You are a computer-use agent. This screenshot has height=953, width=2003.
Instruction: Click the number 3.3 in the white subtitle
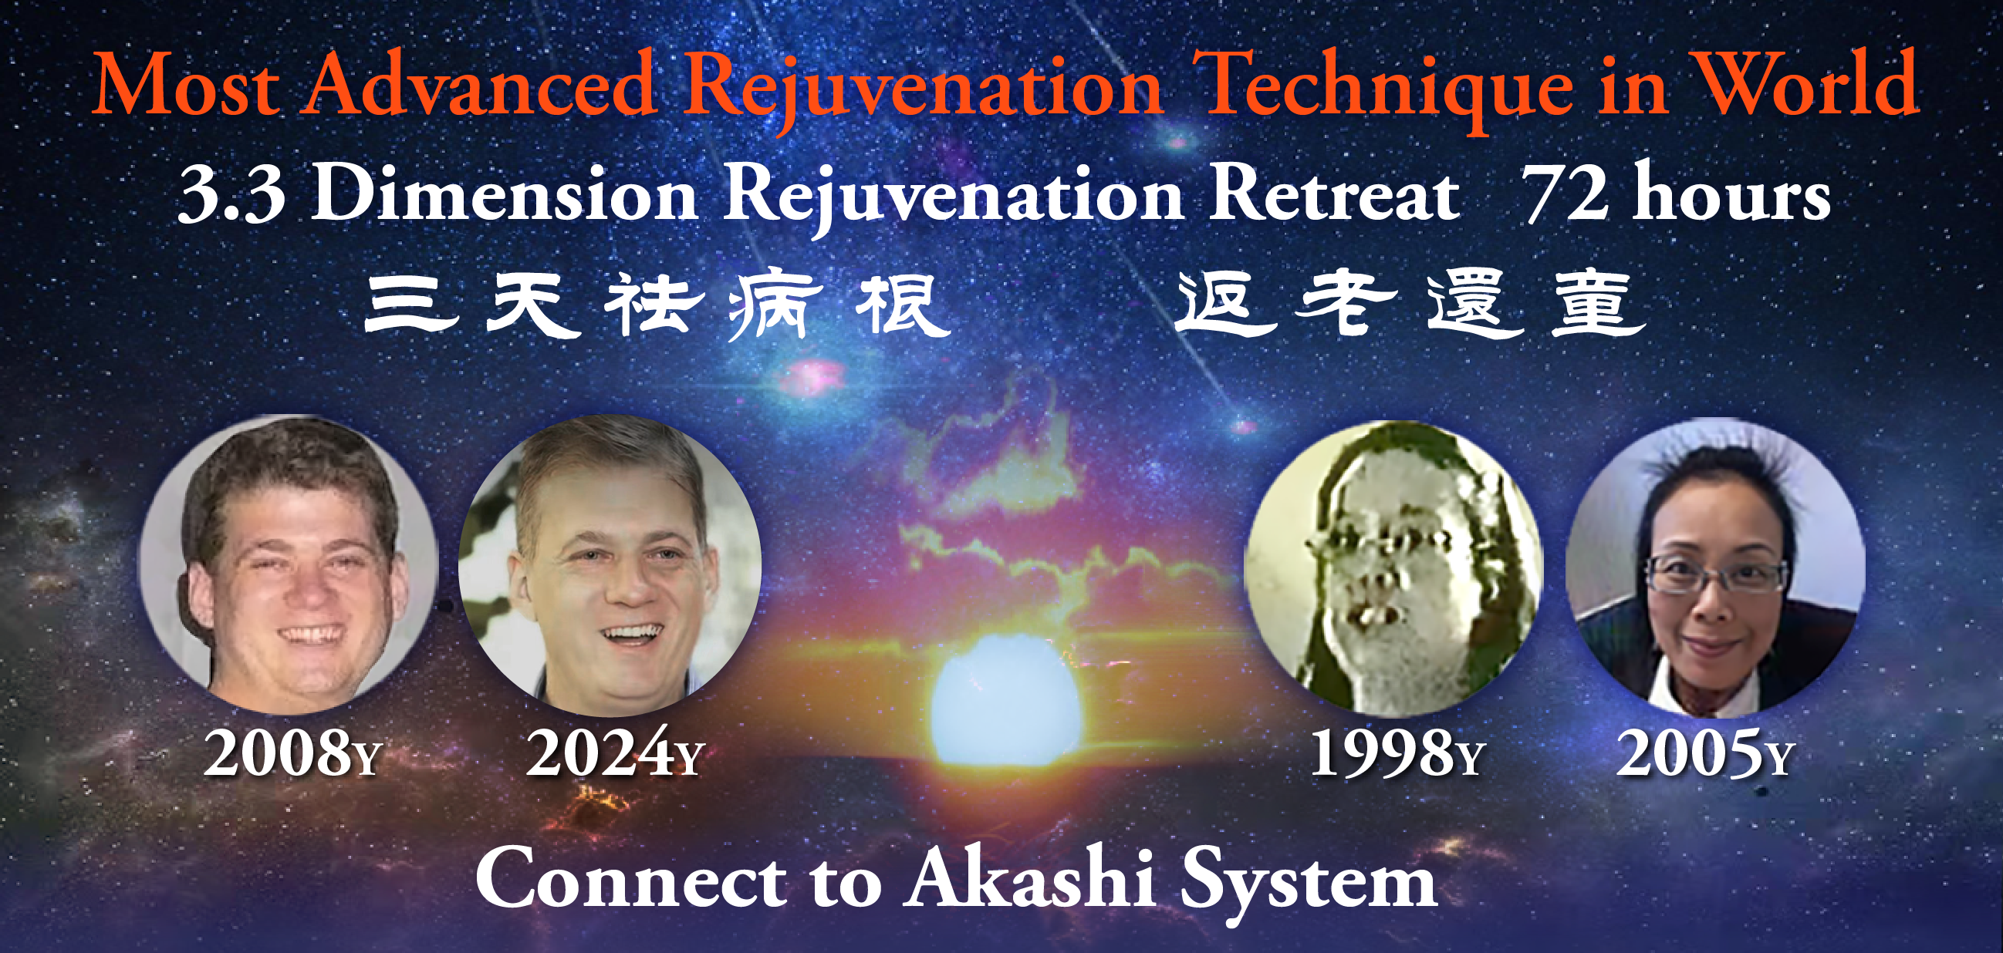[231, 194]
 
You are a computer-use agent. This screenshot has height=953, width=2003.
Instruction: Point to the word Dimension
[504, 194]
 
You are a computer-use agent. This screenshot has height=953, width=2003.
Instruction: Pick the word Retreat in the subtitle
[1333, 194]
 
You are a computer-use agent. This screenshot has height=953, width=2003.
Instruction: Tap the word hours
[1731, 194]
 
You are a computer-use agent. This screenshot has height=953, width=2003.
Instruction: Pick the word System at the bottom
[1309, 882]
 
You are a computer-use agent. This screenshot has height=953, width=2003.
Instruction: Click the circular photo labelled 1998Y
[1393, 568]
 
